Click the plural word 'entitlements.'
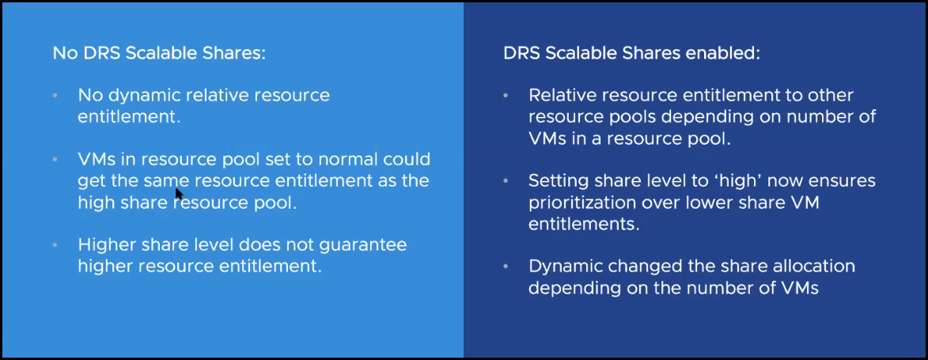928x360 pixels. click(x=583, y=225)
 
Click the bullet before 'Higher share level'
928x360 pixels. click(x=55, y=244)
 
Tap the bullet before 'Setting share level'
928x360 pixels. click(x=506, y=180)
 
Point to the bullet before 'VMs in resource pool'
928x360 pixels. click(x=55, y=159)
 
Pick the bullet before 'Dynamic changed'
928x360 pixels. click(x=506, y=267)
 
